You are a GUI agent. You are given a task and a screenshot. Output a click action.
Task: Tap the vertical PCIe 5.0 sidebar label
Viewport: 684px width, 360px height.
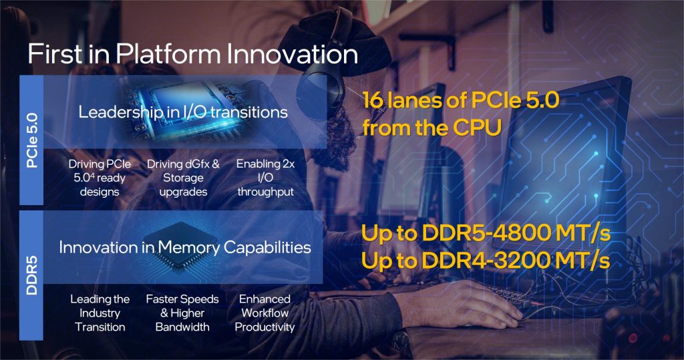(x=32, y=140)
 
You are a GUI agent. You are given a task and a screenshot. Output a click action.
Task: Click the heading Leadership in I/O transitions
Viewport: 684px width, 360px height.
(x=183, y=112)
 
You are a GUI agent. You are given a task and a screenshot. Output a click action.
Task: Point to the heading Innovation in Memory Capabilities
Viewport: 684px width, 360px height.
(x=185, y=248)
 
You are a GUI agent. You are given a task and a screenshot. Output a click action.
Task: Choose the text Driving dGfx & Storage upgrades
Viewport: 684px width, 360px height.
(x=183, y=178)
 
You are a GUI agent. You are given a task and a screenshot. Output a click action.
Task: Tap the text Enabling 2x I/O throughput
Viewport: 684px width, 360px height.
(x=265, y=178)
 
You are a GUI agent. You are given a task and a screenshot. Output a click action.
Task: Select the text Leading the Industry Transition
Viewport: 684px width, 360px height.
(x=100, y=313)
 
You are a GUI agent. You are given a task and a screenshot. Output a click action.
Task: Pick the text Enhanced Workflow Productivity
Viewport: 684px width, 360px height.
(x=265, y=313)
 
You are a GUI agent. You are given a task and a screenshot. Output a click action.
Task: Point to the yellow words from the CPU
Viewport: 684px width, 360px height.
(x=431, y=128)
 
